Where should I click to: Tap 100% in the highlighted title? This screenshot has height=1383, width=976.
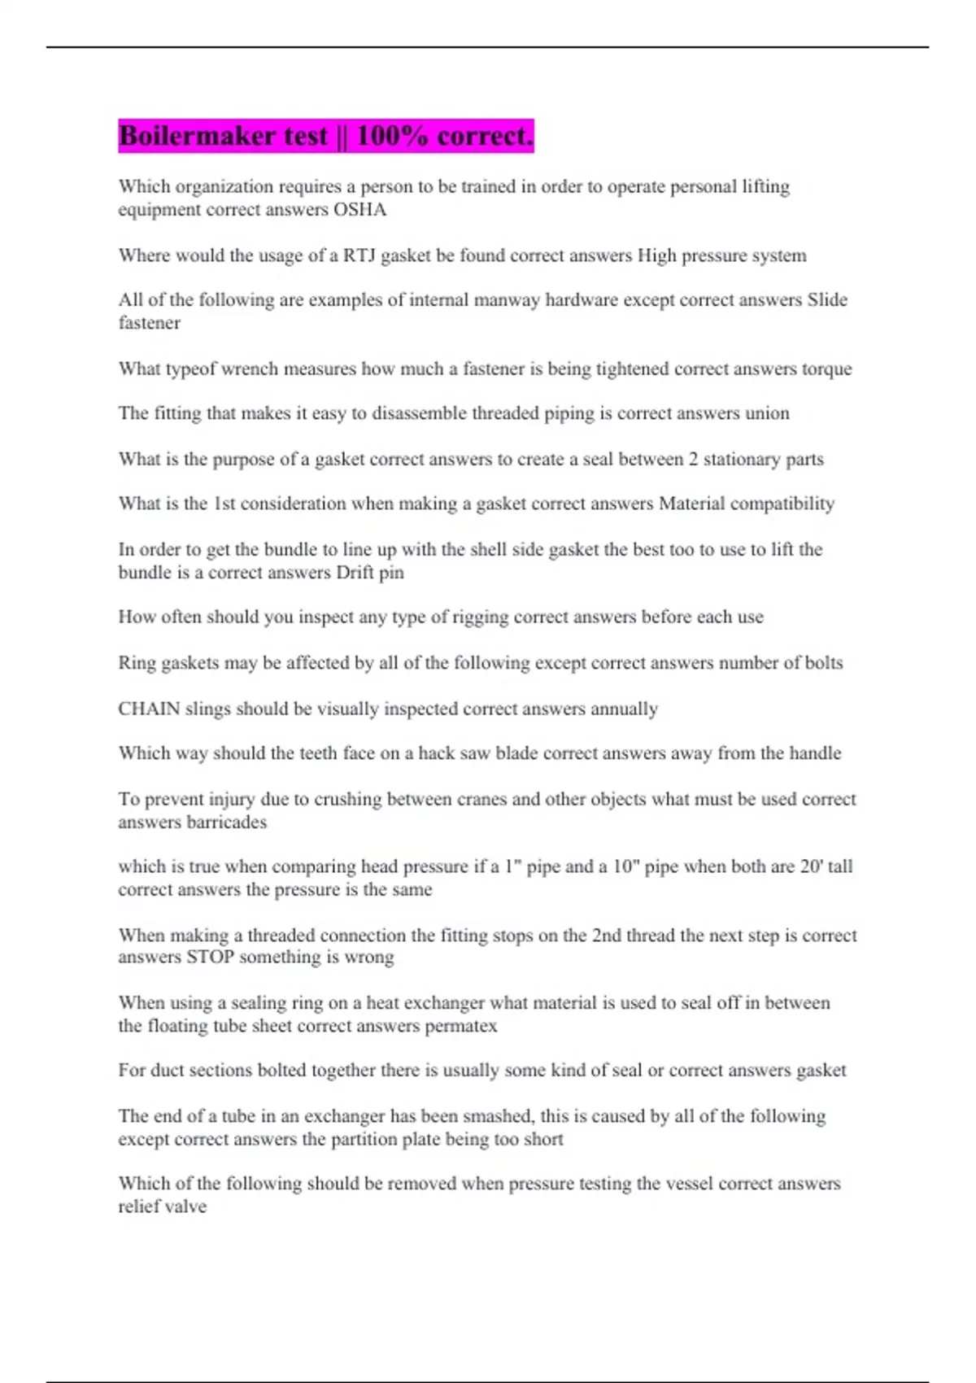tap(392, 136)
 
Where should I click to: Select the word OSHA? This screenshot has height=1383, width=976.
tap(359, 210)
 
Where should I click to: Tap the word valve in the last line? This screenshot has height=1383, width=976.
tap(184, 1206)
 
